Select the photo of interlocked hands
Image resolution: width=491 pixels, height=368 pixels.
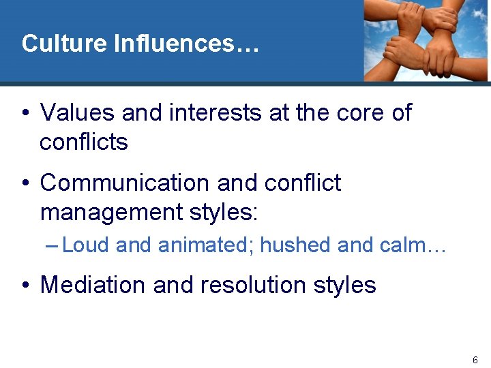(x=426, y=40)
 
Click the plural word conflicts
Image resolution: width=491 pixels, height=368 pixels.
(x=84, y=142)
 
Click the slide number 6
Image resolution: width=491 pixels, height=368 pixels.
(x=475, y=359)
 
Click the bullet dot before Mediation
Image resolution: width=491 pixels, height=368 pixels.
(x=25, y=285)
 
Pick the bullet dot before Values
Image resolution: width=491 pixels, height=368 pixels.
(x=25, y=113)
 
